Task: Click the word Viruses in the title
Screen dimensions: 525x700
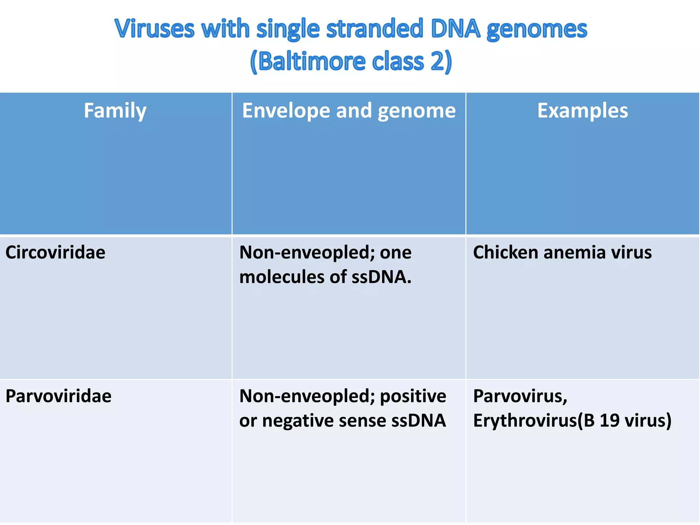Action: point(154,29)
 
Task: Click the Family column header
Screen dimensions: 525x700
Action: point(115,111)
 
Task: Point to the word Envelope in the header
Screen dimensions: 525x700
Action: point(286,111)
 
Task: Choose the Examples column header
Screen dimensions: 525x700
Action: point(582,111)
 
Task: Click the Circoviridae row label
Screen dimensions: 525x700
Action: point(55,253)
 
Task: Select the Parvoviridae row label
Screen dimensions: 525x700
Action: point(58,396)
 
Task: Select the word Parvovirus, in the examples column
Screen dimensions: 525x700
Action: point(520,396)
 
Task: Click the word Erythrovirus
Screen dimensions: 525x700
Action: point(525,420)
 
